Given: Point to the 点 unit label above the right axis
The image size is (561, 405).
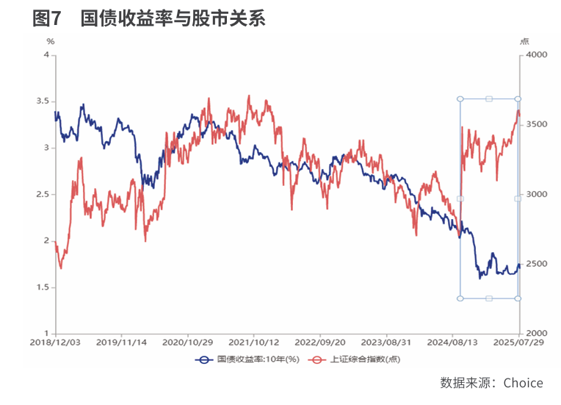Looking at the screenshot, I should point(524,42).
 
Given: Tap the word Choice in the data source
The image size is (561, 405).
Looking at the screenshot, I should point(523,383).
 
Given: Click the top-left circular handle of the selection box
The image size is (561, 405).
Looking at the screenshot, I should point(460,98).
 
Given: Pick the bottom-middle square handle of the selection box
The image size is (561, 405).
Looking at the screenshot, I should point(489,298).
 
